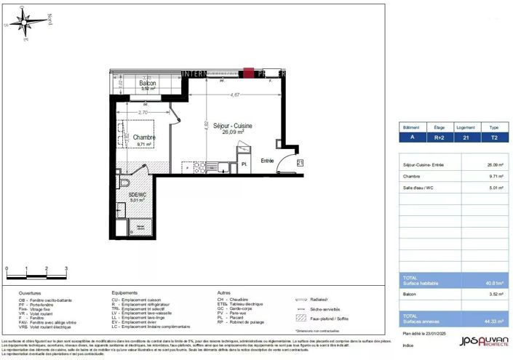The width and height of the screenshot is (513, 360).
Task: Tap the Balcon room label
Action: [149, 84]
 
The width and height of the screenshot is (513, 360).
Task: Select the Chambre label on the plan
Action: [143, 137]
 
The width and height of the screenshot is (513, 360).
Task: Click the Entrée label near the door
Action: [268, 160]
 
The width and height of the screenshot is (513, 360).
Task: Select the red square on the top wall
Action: [249, 73]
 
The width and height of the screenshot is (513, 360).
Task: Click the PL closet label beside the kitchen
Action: [245, 165]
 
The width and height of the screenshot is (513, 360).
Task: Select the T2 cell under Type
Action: [495, 135]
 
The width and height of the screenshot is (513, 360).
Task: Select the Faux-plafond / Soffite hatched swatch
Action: [300, 318]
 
